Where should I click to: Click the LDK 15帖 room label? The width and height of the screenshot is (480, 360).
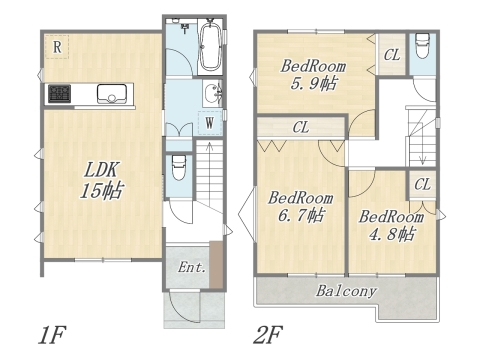(x=101, y=180)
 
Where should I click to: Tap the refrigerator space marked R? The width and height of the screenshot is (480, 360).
(x=57, y=47)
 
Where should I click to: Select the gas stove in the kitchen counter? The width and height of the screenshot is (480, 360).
(x=60, y=94)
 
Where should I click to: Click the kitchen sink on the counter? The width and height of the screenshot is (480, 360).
(x=112, y=94)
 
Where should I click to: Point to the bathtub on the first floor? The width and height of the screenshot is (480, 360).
(x=210, y=45)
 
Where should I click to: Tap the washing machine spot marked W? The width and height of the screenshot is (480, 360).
(x=210, y=123)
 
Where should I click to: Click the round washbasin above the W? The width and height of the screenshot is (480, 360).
(x=212, y=93)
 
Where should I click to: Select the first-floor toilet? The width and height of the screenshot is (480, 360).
(x=179, y=168)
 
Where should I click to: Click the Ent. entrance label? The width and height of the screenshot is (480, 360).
(x=191, y=267)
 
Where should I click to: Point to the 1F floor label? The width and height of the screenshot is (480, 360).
(x=52, y=335)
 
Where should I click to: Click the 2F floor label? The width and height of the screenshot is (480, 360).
(x=268, y=335)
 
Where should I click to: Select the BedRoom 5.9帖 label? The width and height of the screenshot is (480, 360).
(x=313, y=75)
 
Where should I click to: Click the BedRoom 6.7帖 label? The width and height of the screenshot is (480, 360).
(x=301, y=207)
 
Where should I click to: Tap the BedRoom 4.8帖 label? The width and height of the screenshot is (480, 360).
(x=391, y=225)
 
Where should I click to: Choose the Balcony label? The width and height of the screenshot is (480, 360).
(x=346, y=291)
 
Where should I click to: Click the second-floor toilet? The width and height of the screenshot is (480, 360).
(x=422, y=46)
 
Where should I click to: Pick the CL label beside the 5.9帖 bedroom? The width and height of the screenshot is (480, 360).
(x=392, y=55)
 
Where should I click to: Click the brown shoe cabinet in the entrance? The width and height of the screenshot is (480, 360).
(x=216, y=264)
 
